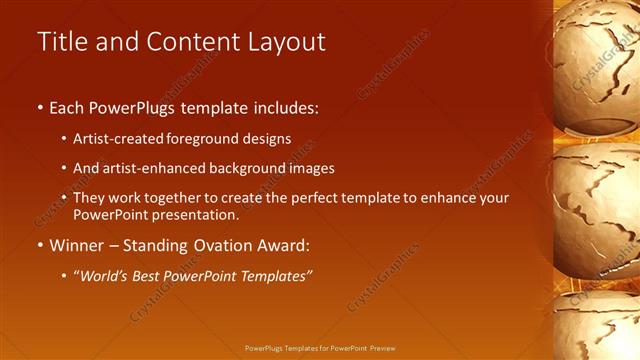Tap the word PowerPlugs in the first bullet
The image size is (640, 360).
pyautogui.click(x=134, y=107)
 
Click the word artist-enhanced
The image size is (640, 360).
pyautogui.click(x=145, y=168)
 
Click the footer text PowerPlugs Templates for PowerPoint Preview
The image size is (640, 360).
pyautogui.click(x=320, y=348)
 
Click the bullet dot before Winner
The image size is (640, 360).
pyautogui.click(x=40, y=245)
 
